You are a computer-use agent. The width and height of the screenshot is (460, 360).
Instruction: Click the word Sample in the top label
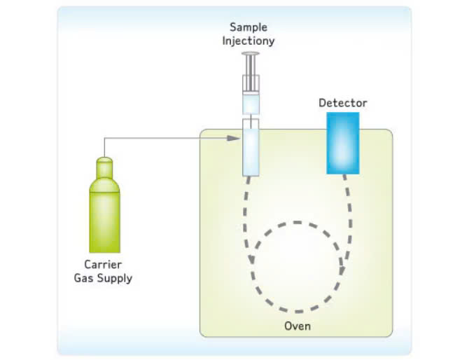tap(249, 27)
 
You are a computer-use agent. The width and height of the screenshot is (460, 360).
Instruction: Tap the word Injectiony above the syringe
tap(248, 41)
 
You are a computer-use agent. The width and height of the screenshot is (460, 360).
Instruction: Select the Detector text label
tap(342, 103)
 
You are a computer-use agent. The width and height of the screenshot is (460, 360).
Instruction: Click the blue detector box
tap(343, 143)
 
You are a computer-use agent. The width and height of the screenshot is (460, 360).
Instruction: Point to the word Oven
tap(298, 326)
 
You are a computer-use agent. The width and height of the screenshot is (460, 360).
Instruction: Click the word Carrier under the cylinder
tap(103, 264)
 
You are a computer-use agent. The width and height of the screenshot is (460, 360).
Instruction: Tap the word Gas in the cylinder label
tap(83, 278)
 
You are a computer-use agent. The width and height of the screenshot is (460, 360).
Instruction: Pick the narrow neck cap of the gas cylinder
tap(104, 167)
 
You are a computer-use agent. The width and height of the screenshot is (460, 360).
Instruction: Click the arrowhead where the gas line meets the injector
tap(234, 138)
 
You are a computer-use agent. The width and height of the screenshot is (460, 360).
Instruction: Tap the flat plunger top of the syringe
tap(251, 54)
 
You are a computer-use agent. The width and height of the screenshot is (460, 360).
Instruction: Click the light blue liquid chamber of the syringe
tap(251, 103)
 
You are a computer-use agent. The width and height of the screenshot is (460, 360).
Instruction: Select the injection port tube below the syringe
tap(251, 148)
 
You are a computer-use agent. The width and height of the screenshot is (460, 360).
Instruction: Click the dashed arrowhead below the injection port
tap(251, 260)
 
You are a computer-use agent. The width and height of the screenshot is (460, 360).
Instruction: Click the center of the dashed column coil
tap(297, 267)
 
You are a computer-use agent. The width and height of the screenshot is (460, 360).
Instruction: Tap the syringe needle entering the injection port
tap(251, 121)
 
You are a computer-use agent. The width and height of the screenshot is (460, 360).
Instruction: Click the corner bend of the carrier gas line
tap(104, 138)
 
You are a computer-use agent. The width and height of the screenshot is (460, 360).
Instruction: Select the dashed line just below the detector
tap(348, 217)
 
